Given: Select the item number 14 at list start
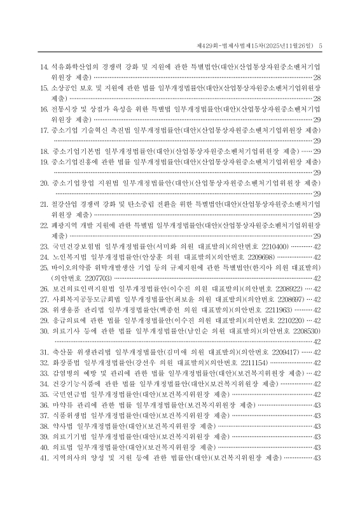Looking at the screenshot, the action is [44, 66].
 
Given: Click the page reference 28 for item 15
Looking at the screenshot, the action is [316, 99].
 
